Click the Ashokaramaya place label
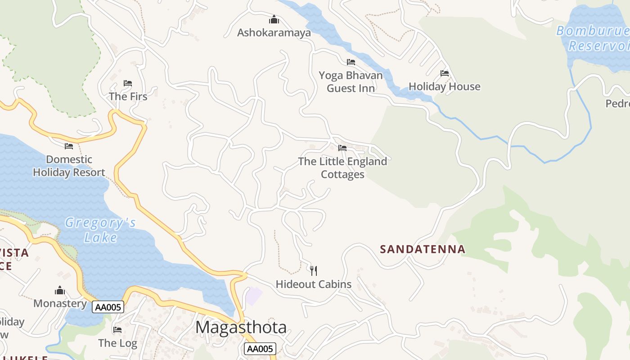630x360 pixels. (274, 33)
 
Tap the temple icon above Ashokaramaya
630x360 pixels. (274, 19)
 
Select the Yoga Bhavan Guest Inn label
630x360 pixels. (351, 82)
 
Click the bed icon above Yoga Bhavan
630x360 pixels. (351, 62)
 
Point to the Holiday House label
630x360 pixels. (444, 86)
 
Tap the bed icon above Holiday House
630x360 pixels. (445, 73)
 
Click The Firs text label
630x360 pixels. (128, 96)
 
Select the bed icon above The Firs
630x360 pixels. (128, 83)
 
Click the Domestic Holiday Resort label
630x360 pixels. (69, 166)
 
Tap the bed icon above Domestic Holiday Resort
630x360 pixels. (69, 146)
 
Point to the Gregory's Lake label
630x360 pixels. (100, 229)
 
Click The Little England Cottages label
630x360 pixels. (342, 168)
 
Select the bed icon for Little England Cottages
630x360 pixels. (342, 148)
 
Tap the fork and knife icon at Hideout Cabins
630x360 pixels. (314, 270)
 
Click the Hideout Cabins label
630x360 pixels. (314, 284)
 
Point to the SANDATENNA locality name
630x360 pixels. (423, 249)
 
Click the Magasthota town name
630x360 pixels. (241, 327)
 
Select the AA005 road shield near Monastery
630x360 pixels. (108, 307)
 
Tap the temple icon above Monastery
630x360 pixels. (60, 291)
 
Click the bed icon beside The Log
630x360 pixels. (117, 330)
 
